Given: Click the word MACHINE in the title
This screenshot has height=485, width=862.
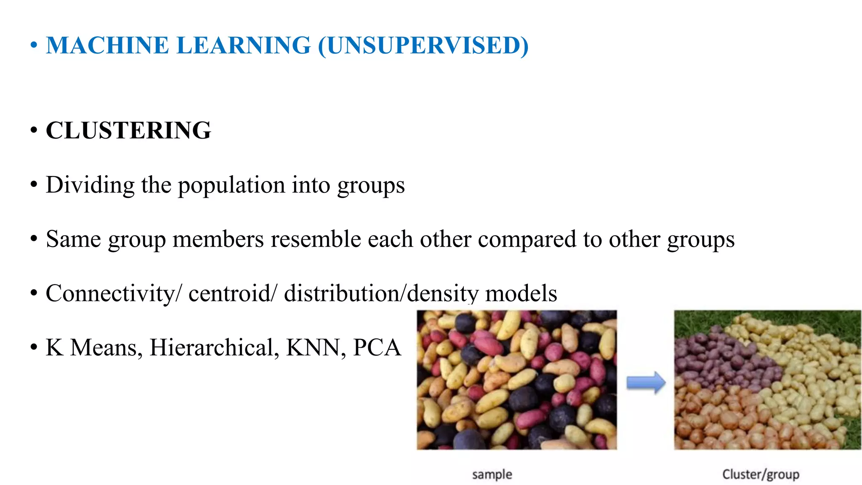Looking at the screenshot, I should tap(107, 45).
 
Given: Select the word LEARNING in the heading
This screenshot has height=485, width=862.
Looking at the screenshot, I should tap(244, 45).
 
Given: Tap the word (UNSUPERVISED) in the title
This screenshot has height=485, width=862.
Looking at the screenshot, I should tap(423, 45).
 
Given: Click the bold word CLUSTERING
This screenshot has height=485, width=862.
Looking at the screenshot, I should tap(128, 131).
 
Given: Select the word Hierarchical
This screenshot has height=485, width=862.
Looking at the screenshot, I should tap(214, 348).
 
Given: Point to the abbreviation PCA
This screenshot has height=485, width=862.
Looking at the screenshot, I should tap(377, 348).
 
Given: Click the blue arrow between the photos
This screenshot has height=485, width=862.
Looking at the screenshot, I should tap(646, 382).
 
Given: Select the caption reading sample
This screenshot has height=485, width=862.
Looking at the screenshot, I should tap(492, 474).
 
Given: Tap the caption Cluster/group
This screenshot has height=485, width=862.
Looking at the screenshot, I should tap(761, 474).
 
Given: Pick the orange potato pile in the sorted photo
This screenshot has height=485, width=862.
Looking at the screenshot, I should tap(724, 417).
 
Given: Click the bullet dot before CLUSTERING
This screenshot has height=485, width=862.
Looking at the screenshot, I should tap(34, 131).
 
